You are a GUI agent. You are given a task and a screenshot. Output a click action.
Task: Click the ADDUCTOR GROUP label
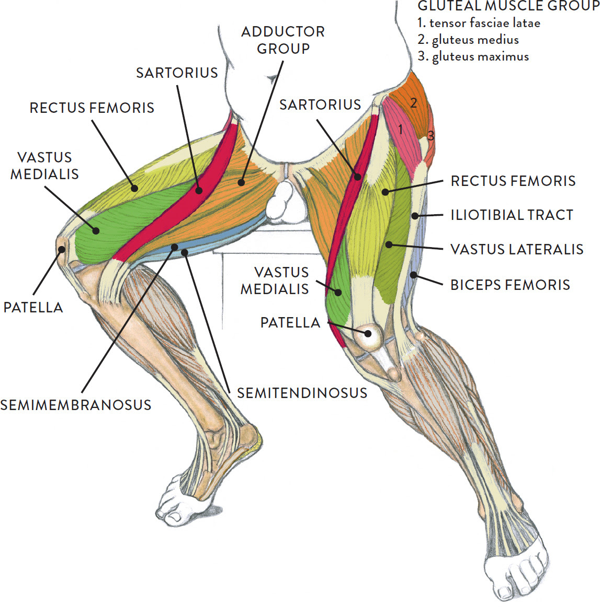pyautogui.click(x=283, y=40)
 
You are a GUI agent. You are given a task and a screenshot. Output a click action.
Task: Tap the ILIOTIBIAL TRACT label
pyautogui.click(x=512, y=215)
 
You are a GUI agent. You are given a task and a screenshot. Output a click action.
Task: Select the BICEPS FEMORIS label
pyautogui.click(x=510, y=285)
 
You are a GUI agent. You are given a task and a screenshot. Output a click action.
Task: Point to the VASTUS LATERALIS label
pyautogui.click(x=517, y=249)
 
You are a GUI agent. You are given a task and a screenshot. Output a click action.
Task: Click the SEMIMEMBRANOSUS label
pyautogui.click(x=75, y=405)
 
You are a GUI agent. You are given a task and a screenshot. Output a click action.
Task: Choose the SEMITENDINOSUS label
pyautogui.click(x=302, y=393)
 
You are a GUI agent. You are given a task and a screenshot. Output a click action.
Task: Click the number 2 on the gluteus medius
pyautogui.click(x=414, y=103)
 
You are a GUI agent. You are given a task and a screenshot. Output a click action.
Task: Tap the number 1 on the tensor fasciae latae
pyautogui.click(x=400, y=129)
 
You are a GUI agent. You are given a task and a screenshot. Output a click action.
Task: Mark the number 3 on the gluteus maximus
pyautogui.click(x=431, y=135)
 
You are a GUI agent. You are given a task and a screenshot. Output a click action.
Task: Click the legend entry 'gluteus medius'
pyautogui.click(x=468, y=40)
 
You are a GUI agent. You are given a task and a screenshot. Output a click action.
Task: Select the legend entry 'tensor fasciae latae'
pyautogui.click(x=479, y=23)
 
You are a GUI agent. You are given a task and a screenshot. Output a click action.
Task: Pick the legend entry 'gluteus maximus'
pyautogui.click(x=473, y=57)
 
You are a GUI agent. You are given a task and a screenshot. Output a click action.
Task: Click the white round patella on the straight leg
pyautogui.click(x=368, y=335)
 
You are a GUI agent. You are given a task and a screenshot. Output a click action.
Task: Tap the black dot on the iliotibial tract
pyautogui.click(x=415, y=216)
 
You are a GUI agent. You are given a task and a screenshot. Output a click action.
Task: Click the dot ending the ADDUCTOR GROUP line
pyautogui.click(x=242, y=182)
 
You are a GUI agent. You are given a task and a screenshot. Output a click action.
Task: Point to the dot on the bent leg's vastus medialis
pyautogui.click(x=96, y=231)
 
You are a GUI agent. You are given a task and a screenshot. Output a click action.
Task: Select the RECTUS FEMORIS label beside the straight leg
pyautogui.click(x=513, y=181)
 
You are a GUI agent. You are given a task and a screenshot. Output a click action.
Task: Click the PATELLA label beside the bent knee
pyautogui.click(x=33, y=307)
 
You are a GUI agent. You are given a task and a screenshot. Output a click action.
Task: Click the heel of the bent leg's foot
pyautogui.click(x=252, y=437)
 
